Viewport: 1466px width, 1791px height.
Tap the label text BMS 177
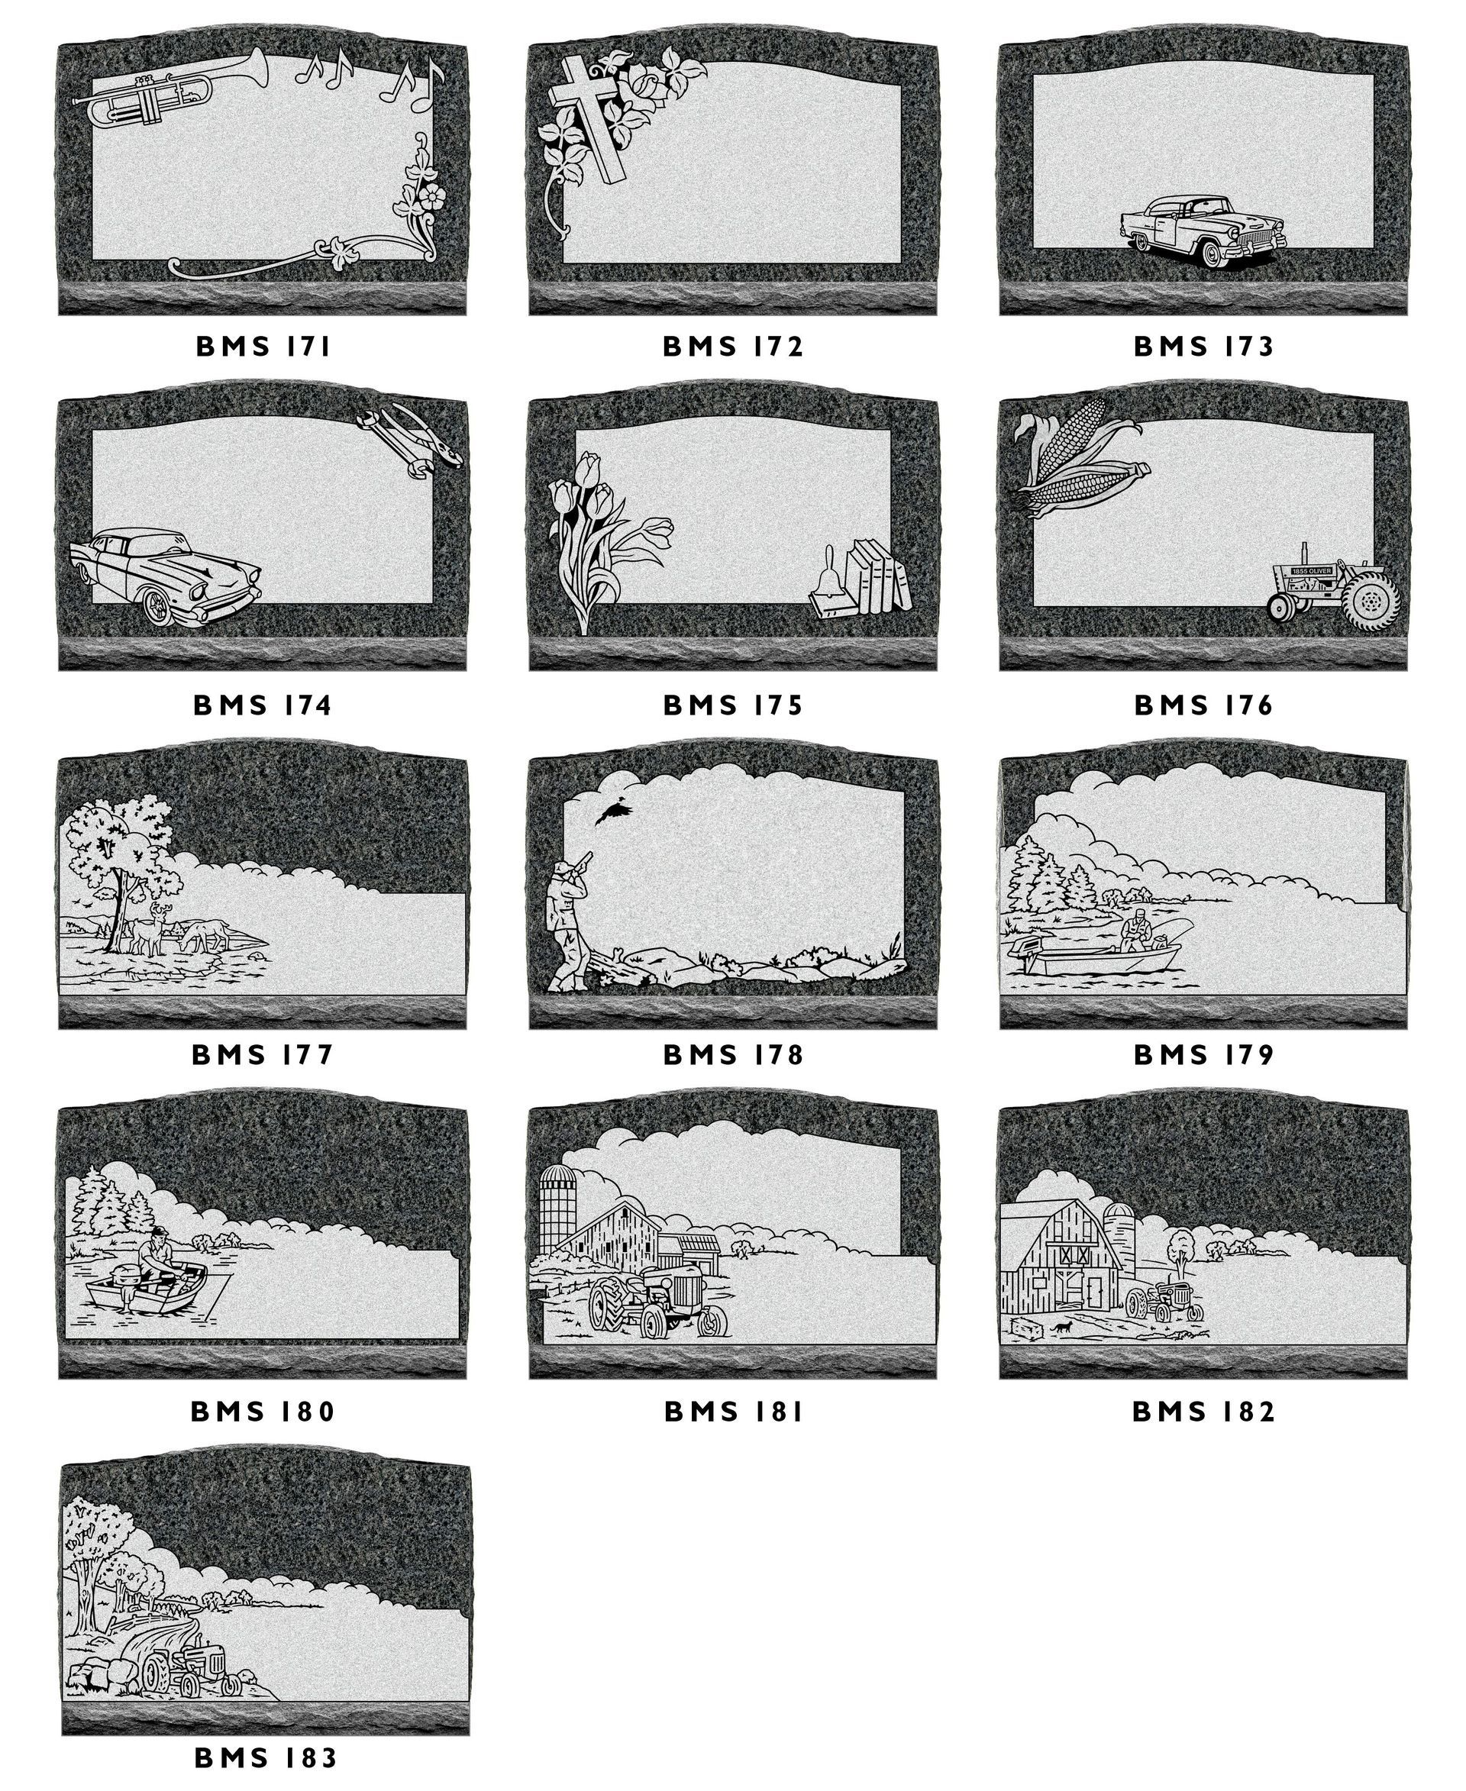[x=263, y=1054]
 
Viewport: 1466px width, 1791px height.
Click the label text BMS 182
[x=1203, y=1411]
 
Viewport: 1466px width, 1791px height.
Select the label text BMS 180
[x=263, y=1411]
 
